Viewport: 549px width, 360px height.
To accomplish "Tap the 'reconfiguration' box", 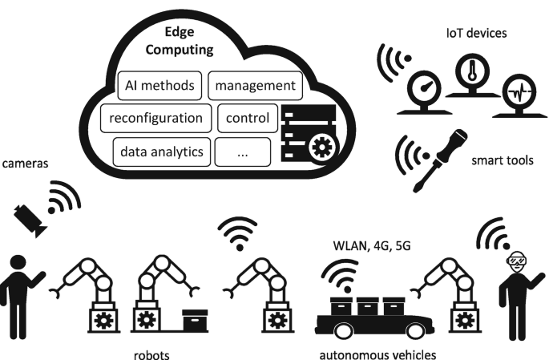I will point(156,119).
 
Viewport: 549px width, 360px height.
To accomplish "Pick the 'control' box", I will point(248,119).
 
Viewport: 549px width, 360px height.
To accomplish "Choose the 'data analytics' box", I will point(163,150).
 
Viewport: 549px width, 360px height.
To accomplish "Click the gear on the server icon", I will point(322,147).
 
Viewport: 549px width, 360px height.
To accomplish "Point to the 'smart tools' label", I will point(503,160).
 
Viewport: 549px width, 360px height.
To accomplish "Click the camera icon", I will point(31,215).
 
